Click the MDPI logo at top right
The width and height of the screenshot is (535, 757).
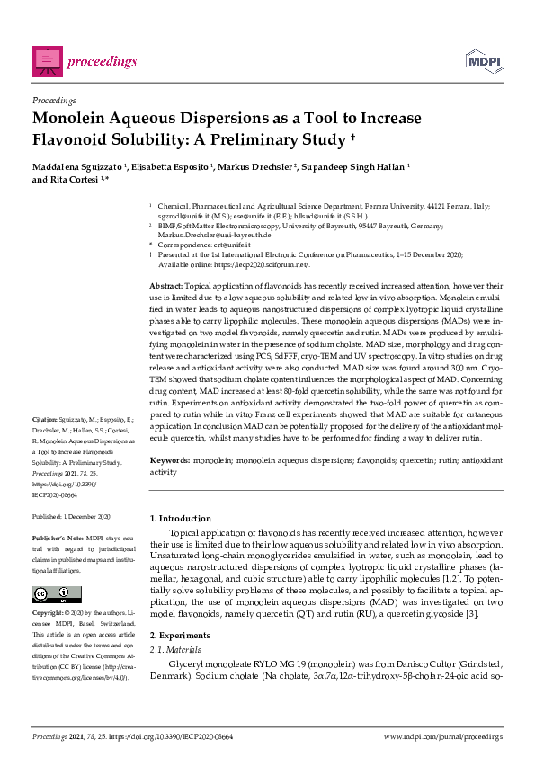pyautogui.click(x=483, y=60)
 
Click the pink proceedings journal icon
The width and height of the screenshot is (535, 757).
pyautogui.click(x=49, y=60)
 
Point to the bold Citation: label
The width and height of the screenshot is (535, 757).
pyautogui.click(x=45, y=444)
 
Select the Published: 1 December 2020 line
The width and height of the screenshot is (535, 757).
pyautogui.click(x=71, y=517)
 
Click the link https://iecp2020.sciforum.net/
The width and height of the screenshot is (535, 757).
pyautogui.click(x=262, y=264)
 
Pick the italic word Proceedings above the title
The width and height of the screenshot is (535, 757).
pyautogui.click(x=54, y=100)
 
